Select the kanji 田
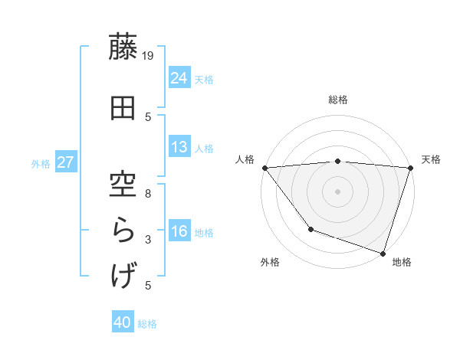point(123,107)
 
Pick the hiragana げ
point(123,274)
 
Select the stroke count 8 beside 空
point(149,193)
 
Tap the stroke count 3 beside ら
point(149,240)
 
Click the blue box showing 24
point(179,78)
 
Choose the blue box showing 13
point(179,147)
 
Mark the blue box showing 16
point(179,231)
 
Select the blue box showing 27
point(65,162)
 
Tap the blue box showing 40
point(123,323)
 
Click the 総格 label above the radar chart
point(338,100)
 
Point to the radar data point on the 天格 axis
point(410,168)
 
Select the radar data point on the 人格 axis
point(264,168)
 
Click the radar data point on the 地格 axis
point(383,253)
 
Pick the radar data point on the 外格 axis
point(310,229)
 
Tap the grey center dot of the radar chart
point(337,191)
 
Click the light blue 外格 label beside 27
point(40,163)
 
